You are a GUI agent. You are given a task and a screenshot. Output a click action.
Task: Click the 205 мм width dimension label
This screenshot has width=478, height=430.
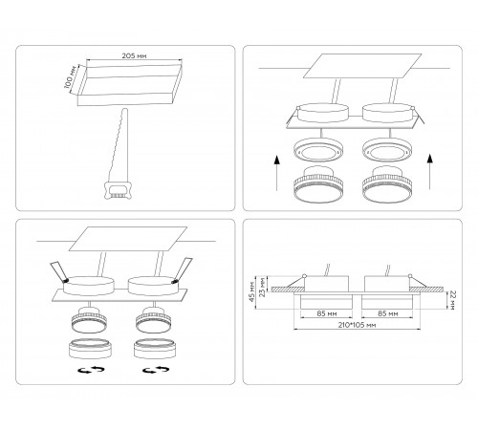[134, 55]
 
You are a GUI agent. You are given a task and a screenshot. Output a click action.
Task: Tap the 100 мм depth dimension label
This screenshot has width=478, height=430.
[71, 77]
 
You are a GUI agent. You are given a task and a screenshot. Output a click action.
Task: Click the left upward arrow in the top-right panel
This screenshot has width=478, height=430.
[277, 173]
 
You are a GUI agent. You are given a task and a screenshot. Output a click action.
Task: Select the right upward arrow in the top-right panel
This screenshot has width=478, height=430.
[430, 172]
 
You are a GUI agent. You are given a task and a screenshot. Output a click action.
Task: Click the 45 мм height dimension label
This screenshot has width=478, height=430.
[252, 291]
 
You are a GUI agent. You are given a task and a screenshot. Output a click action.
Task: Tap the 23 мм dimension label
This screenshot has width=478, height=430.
[262, 287]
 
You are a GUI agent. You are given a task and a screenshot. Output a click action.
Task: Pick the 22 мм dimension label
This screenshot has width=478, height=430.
[453, 300]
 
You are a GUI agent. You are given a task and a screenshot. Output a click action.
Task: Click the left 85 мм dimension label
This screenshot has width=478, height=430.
[327, 313]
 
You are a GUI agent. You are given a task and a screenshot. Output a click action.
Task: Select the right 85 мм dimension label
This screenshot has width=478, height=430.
[387, 313]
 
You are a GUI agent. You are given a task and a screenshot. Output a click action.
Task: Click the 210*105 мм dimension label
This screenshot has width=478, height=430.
[357, 325]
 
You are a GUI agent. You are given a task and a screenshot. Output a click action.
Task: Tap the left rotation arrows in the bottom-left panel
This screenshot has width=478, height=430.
[92, 370]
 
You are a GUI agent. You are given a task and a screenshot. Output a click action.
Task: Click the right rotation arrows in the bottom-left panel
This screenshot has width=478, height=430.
[156, 370]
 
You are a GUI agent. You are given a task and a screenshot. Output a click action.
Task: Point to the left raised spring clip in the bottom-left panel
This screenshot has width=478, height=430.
[59, 271]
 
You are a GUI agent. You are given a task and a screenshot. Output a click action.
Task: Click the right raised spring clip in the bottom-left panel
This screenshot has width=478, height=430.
[183, 270]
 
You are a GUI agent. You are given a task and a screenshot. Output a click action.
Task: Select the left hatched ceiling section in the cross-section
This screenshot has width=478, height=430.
[289, 290]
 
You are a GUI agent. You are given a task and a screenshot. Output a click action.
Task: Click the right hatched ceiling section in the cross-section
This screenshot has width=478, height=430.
[426, 290]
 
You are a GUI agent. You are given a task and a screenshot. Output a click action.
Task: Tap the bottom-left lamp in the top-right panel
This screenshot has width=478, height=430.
[318, 184]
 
